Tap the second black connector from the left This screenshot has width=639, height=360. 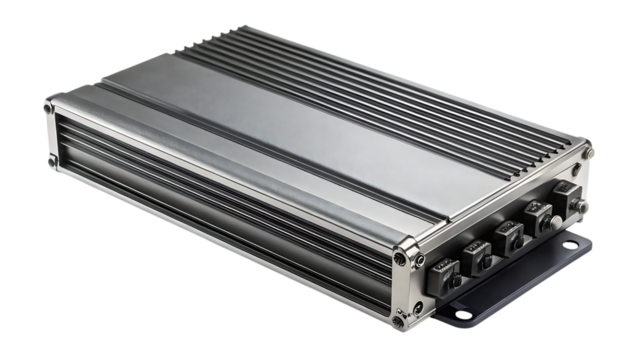pos(475,254)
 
